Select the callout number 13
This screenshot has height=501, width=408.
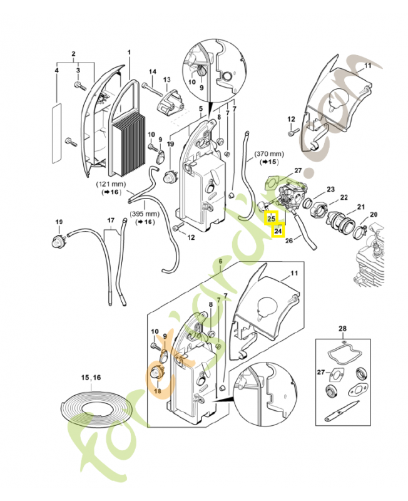(166, 80)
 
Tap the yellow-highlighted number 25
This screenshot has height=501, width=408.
(271, 219)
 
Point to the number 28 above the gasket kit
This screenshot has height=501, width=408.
(342, 329)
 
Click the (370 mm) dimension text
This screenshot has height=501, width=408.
(269, 153)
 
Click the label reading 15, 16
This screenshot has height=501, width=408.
(91, 378)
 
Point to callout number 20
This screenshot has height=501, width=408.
(374, 215)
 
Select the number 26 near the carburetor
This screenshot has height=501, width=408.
(288, 240)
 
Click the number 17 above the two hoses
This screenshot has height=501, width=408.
(111, 220)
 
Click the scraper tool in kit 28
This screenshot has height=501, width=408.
(339, 415)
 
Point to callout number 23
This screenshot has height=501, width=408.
(330, 189)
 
